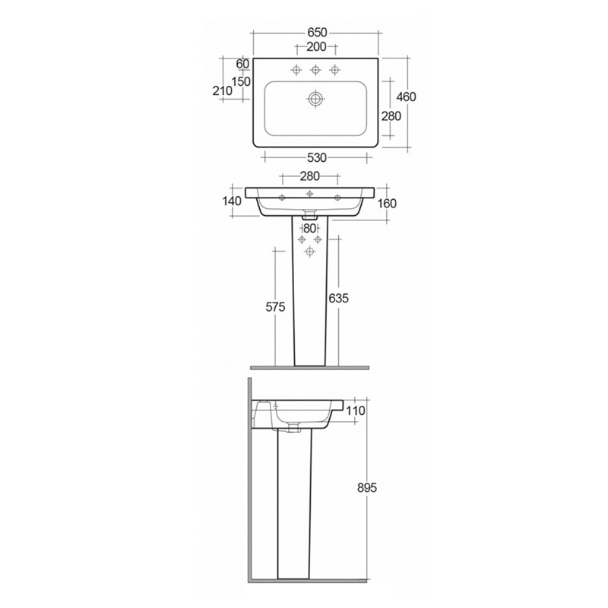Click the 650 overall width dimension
(316, 33)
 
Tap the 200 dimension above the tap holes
(316, 48)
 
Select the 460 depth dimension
(407, 97)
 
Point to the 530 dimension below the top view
(316, 158)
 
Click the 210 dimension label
(222, 90)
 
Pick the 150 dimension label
(242, 81)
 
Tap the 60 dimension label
(243, 63)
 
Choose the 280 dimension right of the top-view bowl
(391, 116)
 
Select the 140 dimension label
(232, 201)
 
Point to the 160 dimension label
(388, 203)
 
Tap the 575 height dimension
(274, 307)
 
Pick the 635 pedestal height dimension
(339, 299)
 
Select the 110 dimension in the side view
(356, 410)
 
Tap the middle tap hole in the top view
(314, 71)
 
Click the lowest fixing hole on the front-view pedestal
(309, 251)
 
